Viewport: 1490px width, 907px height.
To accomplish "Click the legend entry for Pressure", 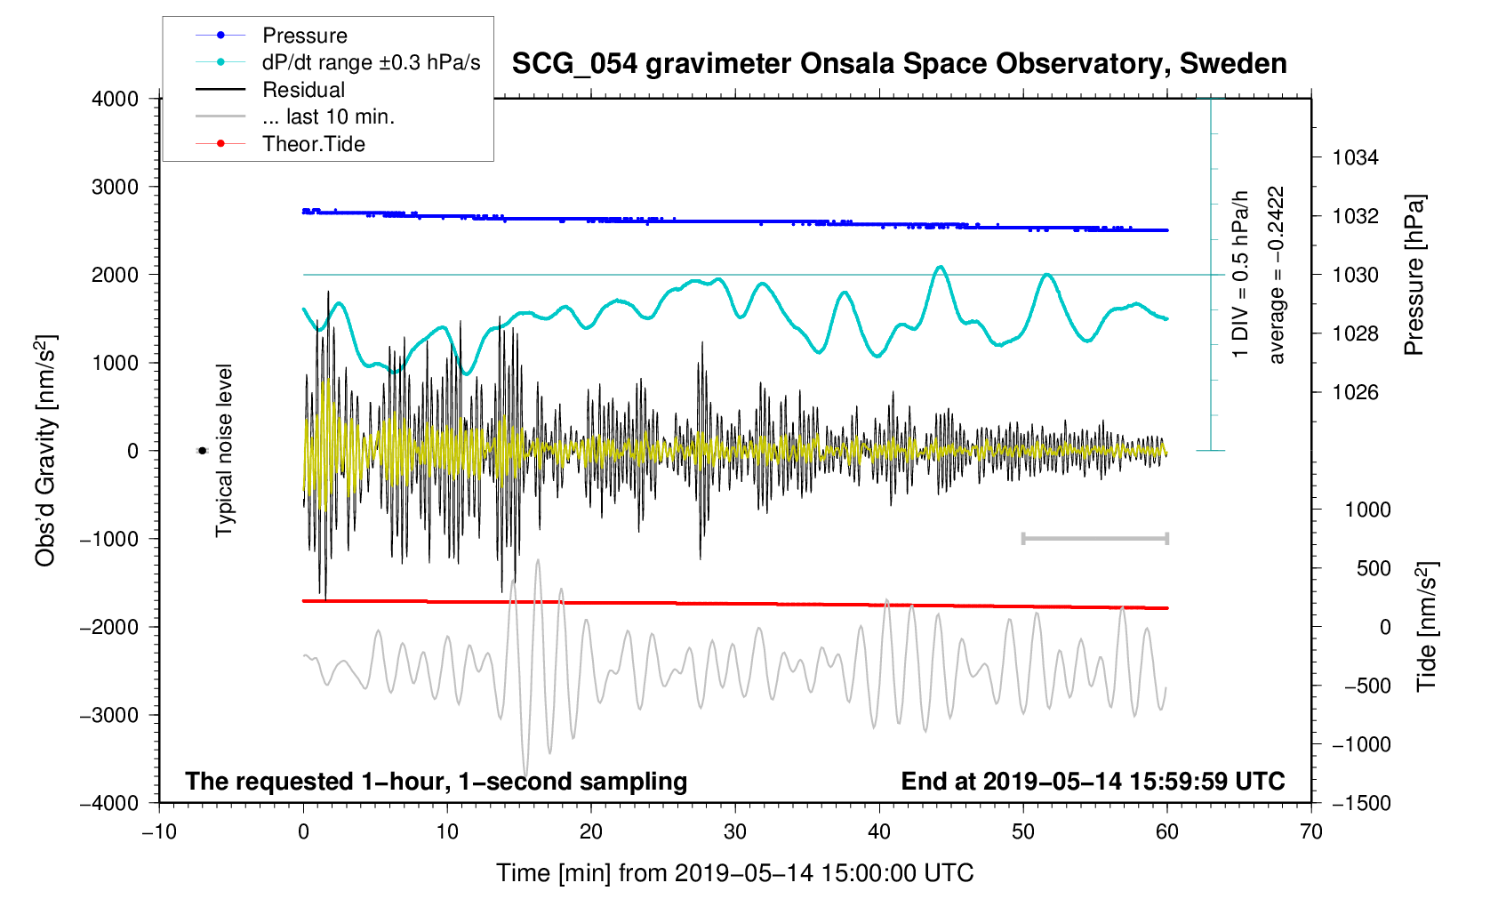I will click(x=304, y=36).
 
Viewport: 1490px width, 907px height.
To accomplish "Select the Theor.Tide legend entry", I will click(x=313, y=144).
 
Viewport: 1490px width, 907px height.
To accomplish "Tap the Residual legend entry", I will click(x=303, y=90).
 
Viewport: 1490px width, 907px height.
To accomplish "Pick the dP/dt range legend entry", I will click(x=371, y=62).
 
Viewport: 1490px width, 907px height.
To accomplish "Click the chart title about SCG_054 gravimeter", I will click(x=899, y=64).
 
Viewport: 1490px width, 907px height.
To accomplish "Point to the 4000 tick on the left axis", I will click(x=116, y=99).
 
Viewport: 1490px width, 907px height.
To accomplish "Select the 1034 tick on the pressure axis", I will click(x=1355, y=158).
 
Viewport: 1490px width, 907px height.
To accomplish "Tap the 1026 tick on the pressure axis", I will click(x=1355, y=392).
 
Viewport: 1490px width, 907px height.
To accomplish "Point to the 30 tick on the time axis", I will click(x=735, y=832).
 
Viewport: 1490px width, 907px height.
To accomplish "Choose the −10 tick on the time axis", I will click(x=159, y=832).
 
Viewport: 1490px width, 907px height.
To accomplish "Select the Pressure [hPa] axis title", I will click(x=1414, y=276).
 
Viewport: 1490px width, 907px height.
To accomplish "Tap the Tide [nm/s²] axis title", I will click(x=1427, y=627).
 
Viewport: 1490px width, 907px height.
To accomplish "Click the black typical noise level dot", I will click(x=202, y=451).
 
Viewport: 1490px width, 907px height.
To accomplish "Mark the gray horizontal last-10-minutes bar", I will click(x=1095, y=538).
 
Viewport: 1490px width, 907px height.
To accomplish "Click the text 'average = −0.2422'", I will click(x=1277, y=275).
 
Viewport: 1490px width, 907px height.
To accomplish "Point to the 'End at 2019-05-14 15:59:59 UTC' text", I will click(x=1093, y=782).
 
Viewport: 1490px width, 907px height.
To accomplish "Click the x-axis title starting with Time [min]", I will click(x=735, y=873).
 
